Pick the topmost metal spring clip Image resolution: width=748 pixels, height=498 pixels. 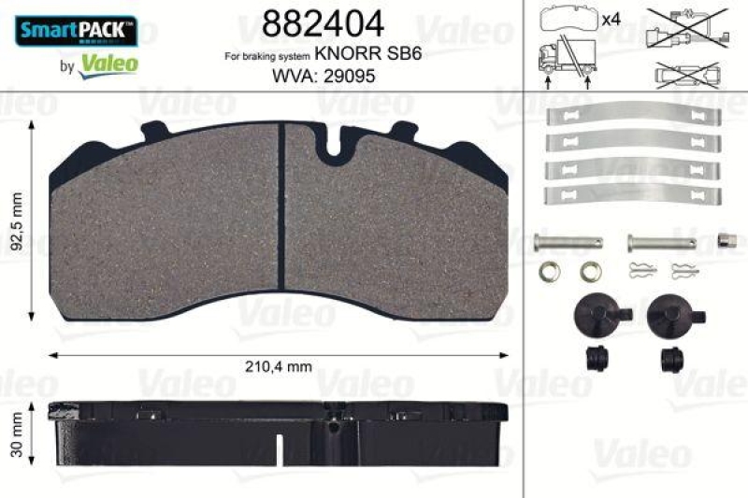coord(633,117)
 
